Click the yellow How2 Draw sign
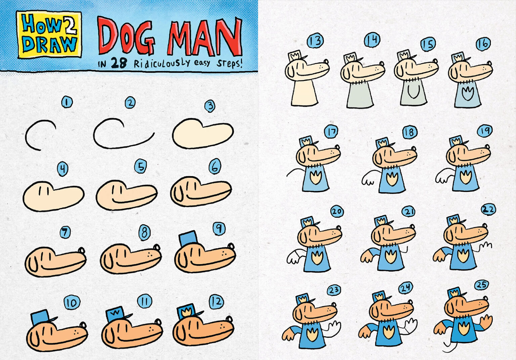(49, 34)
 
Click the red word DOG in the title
(126, 36)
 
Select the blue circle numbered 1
(67, 102)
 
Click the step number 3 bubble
(210, 106)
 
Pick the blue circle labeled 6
(215, 166)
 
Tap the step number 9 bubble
(219, 229)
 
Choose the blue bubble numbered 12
(216, 302)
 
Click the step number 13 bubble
(315, 41)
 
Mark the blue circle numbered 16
(483, 44)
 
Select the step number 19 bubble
(484, 131)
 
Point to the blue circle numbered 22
(488, 209)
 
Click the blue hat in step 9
(188, 238)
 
